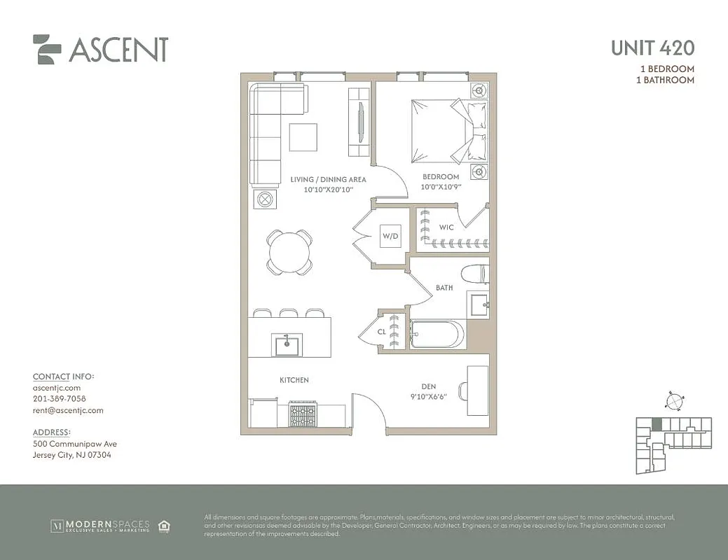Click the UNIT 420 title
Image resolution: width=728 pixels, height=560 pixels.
652,48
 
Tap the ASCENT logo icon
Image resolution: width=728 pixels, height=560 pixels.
48,49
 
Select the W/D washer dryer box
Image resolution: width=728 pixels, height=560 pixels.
390,237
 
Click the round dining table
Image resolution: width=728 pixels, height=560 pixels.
289,250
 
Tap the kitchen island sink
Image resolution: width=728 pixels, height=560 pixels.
287,344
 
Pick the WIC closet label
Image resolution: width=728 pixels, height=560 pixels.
446,227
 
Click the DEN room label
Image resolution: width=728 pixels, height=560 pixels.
429,385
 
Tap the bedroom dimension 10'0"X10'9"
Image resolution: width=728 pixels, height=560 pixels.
441,187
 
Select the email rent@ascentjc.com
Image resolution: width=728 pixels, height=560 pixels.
68,410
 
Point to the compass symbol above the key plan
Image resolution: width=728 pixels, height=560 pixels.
673,402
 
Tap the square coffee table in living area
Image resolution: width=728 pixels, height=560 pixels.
303,136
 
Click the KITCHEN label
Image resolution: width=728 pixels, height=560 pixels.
294,380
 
